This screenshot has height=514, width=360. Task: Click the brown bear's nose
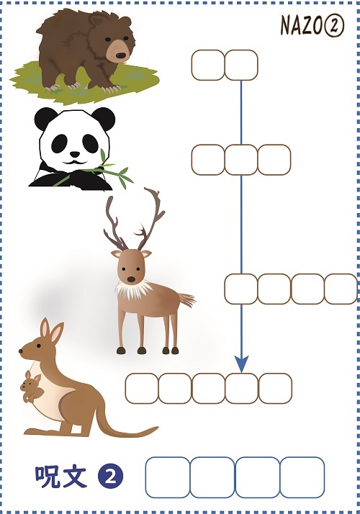[x=121, y=55]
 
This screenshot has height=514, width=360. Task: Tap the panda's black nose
[x=75, y=154]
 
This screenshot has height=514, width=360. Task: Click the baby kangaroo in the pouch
[x=31, y=386]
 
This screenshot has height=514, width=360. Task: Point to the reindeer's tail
[x=187, y=299]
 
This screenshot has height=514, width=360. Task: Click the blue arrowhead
[x=241, y=364]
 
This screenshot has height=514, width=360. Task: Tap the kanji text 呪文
[x=60, y=476]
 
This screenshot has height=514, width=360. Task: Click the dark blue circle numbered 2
[x=110, y=477]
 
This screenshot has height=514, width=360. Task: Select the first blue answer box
[x=168, y=477]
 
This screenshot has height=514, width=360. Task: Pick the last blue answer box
[x=302, y=477]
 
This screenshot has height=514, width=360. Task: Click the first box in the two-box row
[x=208, y=65]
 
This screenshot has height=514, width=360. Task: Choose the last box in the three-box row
[x=274, y=160]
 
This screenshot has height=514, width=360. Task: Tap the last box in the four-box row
[x=341, y=289]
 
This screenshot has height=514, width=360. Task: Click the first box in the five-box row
[x=142, y=388]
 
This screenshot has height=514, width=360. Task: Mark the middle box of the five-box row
[x=209, y=388]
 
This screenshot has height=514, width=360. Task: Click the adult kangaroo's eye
[x=39, y=346]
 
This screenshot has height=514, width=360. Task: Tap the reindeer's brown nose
[x=131, y=279]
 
